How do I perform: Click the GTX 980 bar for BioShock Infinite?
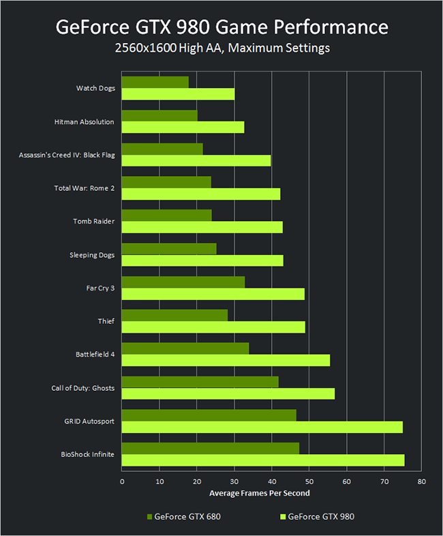pyautogui.click(x=263, y=460)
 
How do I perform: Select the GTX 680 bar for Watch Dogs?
pyautogui.click(x=155, y=83)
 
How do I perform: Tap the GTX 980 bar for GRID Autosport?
pyautogui.click(x=262, y=427)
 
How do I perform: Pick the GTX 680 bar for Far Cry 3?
pyautogui.click(x=183, y=282)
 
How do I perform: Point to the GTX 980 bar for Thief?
pyautogui.click(x=213, y=327)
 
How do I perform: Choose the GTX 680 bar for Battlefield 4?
pyautogui.click(x=185, y=349)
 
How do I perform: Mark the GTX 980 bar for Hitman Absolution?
pyautogui.click(x=183, y=127)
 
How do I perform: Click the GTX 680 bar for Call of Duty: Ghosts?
pyautogui.click(x=200, y=382)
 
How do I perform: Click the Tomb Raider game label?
pyautogui.click(x=93, y=222)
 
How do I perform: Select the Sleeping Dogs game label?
pyautogui.click(x=91, y=255)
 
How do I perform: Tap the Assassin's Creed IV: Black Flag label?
pyautogui.click(x=67, y=155)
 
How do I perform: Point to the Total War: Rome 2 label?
pyautogui.click(x=84, y=188)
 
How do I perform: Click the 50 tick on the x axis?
pyautogui.click(x=309, y=482)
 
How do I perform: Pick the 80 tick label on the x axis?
pyautogui.click(x=422, y=482)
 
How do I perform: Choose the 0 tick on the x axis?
pyautogui.click(x=122, y=482)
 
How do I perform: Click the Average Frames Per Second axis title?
pyautogui.click(x=259, y=493)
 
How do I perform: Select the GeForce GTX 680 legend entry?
pyautogui.click(x=183, y=517)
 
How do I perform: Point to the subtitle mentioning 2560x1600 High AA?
pyautogui.click(x=221, y=49)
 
